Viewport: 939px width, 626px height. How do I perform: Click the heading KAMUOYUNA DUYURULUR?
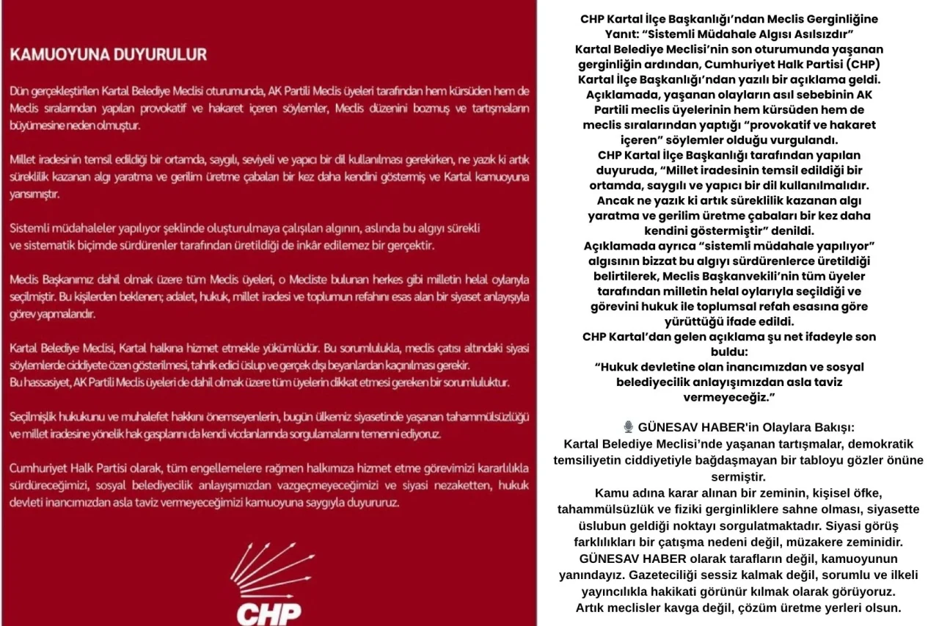[x=108, y=54]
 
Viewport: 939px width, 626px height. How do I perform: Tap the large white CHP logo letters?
[x=268, y=611]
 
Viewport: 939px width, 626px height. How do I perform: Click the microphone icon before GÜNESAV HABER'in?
[x=628, y=427]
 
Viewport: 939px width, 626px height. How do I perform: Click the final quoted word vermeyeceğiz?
[x=728, y=396]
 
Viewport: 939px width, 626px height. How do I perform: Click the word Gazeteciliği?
[x=655, y=575]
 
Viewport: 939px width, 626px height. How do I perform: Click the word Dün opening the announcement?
[x=19, y=91]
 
